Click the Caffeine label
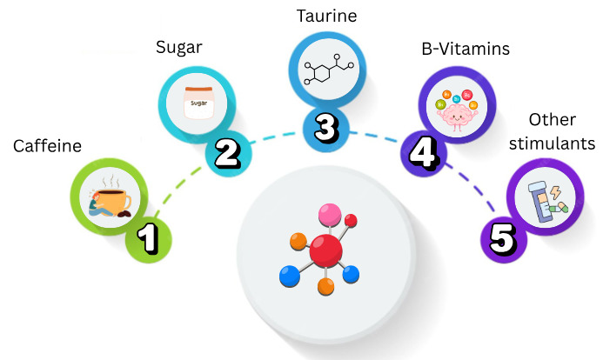click(47, 146)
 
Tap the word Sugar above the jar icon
click(178, 47)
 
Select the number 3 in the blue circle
click(325, 129)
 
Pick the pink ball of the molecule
click(331, 212)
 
